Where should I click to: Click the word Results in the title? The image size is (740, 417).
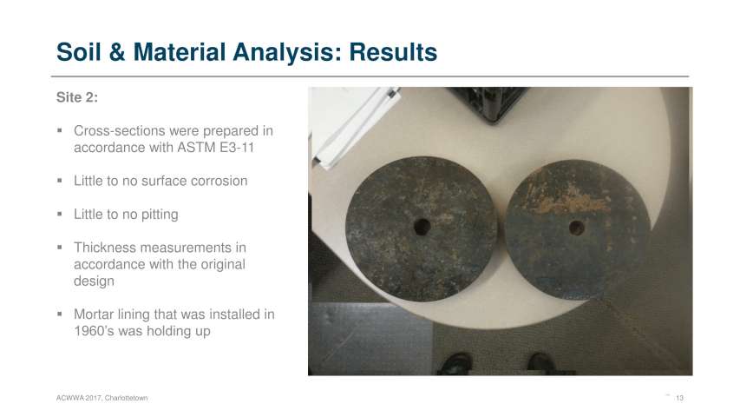pyautogui.click(x=393, y=52)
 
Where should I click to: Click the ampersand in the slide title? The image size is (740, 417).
pyautogui.click(x=117, y=52)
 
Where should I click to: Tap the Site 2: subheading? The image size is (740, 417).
pyautogui.click(x=77, y=97)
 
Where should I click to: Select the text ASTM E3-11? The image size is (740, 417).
pyautogui.click(x=216, y=148)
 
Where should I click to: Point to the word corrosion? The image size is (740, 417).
pyautogui.click(x=219, y=181)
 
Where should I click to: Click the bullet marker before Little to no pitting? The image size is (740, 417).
pyautogui.click(x=60, y=215)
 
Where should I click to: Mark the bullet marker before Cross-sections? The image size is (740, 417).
pyautogui.click(x=60, y=130)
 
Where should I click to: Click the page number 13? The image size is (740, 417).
pyautogui.click(x=679, y=398)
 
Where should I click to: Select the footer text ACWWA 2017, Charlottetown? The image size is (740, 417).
pyautogui.click(x=102, y=398)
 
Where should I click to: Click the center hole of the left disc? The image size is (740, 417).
pyautogui.click(x=422, y=227)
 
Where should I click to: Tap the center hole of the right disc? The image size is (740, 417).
pyautogui.click(x=577, y=228)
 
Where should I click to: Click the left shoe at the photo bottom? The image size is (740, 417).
pyautogui.click(x=455, y=364)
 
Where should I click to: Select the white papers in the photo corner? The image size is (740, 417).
pyautogui.click(x=354, y=125)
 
